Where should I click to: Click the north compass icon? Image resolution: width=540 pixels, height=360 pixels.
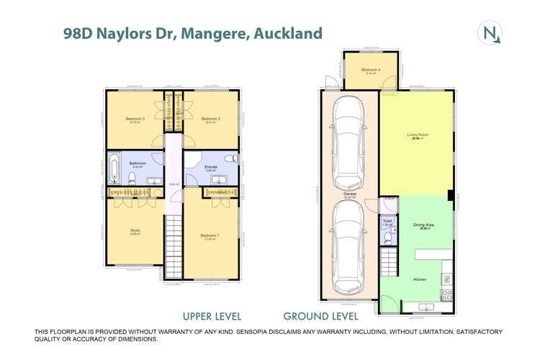(490, 32)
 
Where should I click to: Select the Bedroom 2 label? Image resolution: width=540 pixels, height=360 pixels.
(210, 118)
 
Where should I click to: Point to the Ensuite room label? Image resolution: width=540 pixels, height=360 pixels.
(211, 166)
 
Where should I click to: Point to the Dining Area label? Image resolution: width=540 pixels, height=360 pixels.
(423, 225)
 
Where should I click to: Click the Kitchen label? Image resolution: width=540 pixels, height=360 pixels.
(420, 279)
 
